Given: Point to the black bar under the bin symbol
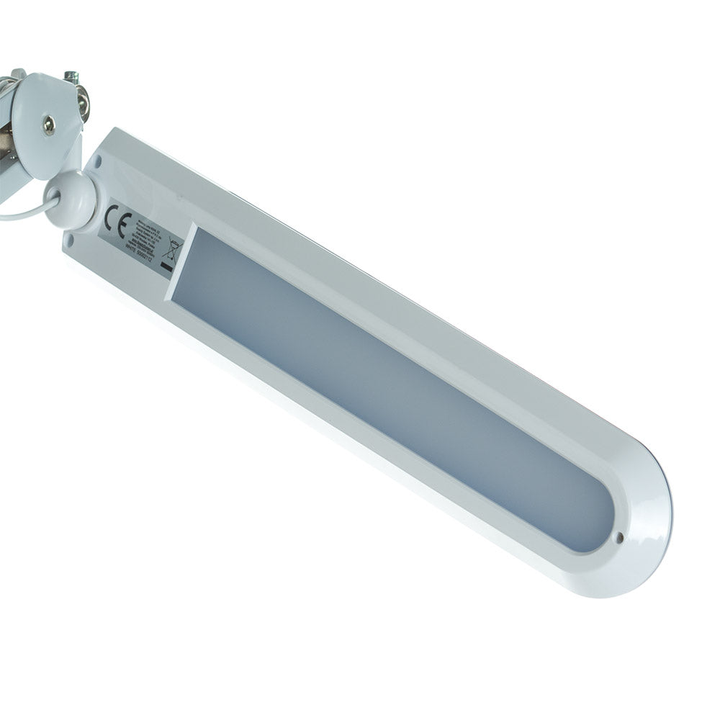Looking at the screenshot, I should (x=166, y=267).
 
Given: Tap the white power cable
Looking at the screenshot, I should (x=22, y=213).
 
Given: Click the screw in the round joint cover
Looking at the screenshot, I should (x=48, y=124).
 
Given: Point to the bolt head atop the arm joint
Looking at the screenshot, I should (x=71, y=76).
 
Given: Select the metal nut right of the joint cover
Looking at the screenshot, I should (x=84, y=101).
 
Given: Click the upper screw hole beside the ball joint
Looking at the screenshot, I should (x=98, y=163).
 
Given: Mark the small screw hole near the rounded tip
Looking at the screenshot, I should (x=620, y=536).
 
